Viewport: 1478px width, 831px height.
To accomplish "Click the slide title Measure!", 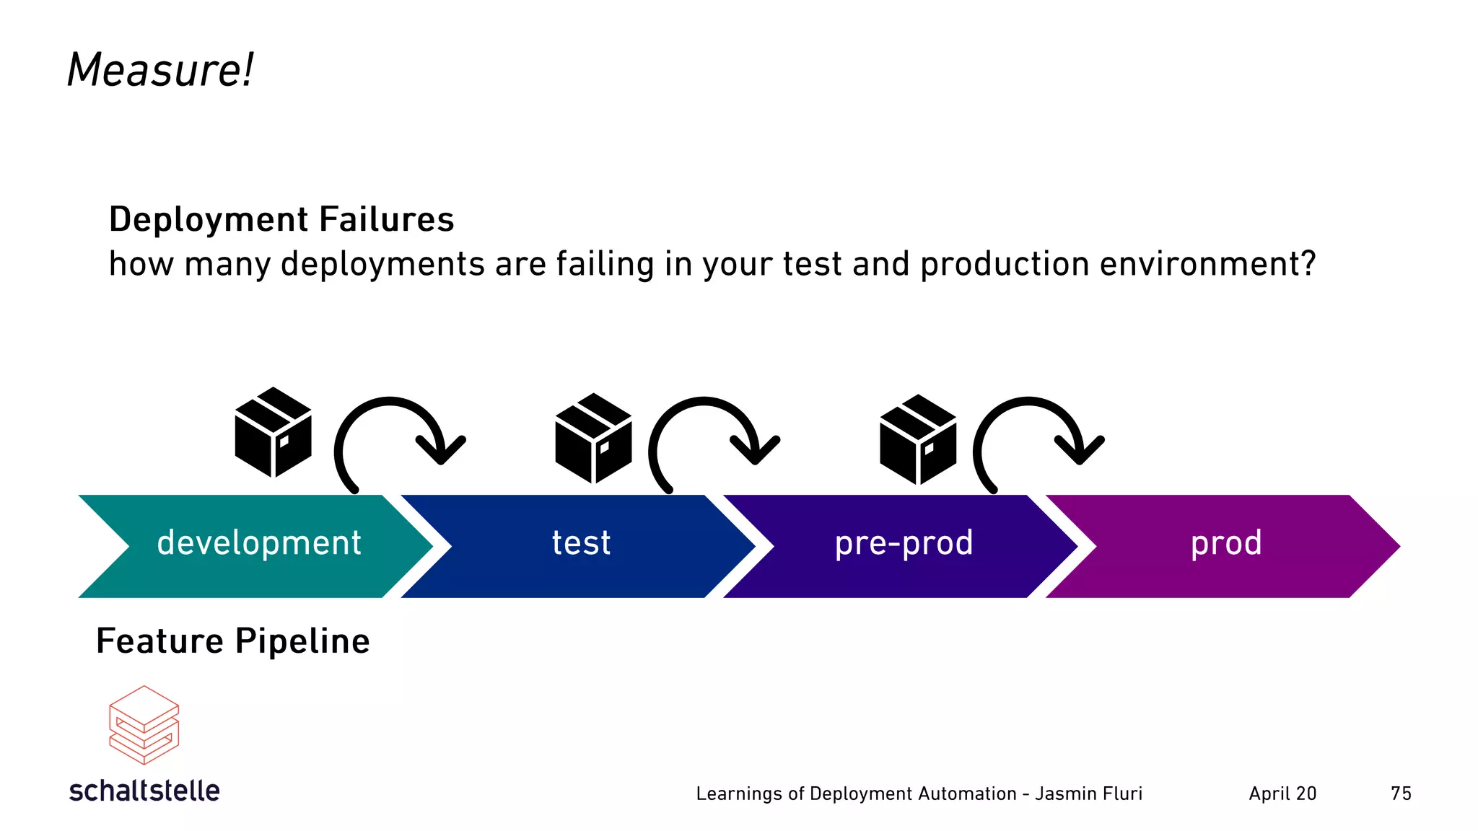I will [160, 71].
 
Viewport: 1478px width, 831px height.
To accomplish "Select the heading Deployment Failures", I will [281, 219].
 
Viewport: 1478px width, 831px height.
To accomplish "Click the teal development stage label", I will [259, 543].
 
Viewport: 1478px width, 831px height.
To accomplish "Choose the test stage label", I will [581, 543].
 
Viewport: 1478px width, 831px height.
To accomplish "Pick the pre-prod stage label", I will [904, 543].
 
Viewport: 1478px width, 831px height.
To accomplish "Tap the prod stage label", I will [1226, 543].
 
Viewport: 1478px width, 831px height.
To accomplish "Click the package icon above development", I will [274, 432].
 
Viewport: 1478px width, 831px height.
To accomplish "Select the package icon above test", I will [593, 438].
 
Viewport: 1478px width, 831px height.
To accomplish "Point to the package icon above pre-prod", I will [918, 439].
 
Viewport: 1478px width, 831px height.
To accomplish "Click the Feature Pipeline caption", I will [233, 641].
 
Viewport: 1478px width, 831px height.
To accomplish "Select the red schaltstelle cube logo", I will [144, 724].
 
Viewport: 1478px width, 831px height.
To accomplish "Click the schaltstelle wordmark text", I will [144, 791].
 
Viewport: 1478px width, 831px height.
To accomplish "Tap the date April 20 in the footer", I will [1282, 793].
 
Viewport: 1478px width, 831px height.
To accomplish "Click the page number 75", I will [1401, 793].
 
